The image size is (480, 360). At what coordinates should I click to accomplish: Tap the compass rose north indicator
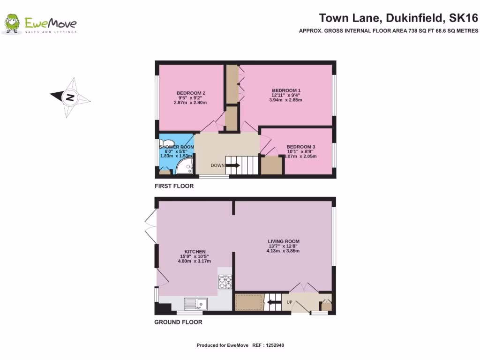[x=70, y=97]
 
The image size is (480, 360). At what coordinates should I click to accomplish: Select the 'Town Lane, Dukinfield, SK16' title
[x=398, y=18]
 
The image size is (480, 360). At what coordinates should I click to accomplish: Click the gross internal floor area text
[x=389, y=31]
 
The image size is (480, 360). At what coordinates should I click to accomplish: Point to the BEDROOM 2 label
[x=191, y=93]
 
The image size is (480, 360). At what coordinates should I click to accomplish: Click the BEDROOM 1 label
[x=286, y=90]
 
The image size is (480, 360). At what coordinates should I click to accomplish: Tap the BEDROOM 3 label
[x=300, y=147]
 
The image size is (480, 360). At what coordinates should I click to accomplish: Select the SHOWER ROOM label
[x=176, y=147]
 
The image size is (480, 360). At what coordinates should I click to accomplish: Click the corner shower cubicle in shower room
[x=186, y=166]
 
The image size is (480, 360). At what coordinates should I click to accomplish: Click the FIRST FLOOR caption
[x=174, y=186]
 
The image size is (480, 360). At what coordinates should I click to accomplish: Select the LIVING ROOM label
[x=283, y=241]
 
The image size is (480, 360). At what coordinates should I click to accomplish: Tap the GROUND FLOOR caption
[x=178, y=322]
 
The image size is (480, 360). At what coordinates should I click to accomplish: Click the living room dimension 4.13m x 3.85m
[x=283, y=251]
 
